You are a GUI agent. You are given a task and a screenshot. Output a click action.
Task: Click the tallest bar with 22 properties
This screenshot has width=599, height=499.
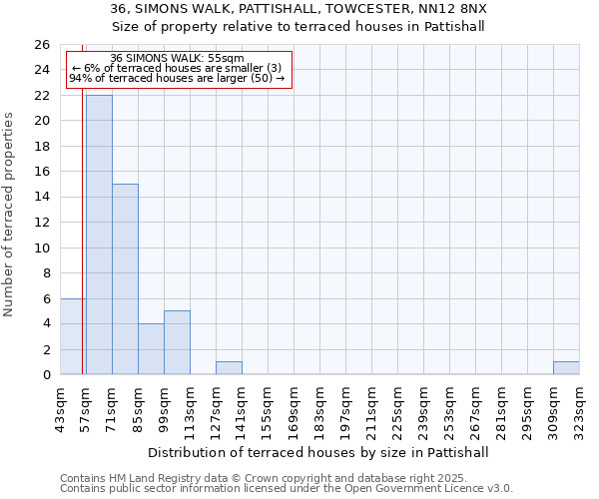pos(99,235)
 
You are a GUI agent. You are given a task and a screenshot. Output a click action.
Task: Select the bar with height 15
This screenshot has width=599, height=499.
pos(125,279)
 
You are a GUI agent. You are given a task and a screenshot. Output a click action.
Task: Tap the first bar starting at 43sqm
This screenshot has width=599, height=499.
pos(73,336)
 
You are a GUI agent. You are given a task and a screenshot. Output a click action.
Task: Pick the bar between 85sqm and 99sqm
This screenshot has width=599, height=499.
pos(151,349)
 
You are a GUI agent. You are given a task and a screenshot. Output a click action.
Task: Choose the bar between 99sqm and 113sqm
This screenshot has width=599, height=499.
pos(177,342)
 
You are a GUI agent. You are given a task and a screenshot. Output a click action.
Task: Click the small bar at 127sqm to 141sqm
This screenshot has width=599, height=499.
pos(229,368)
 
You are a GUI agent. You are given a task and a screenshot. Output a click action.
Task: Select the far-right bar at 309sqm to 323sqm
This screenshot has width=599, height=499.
pos(566,368)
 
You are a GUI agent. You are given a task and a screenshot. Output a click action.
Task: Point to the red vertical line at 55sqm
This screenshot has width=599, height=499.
pos(82,220)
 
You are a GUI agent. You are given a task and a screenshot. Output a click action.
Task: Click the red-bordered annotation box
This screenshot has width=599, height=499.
pos(178,69)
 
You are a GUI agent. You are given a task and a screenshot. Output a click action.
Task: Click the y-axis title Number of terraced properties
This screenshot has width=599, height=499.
pos(10,214)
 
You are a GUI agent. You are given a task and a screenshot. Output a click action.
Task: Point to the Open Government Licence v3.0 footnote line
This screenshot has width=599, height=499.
pos(287,489)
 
